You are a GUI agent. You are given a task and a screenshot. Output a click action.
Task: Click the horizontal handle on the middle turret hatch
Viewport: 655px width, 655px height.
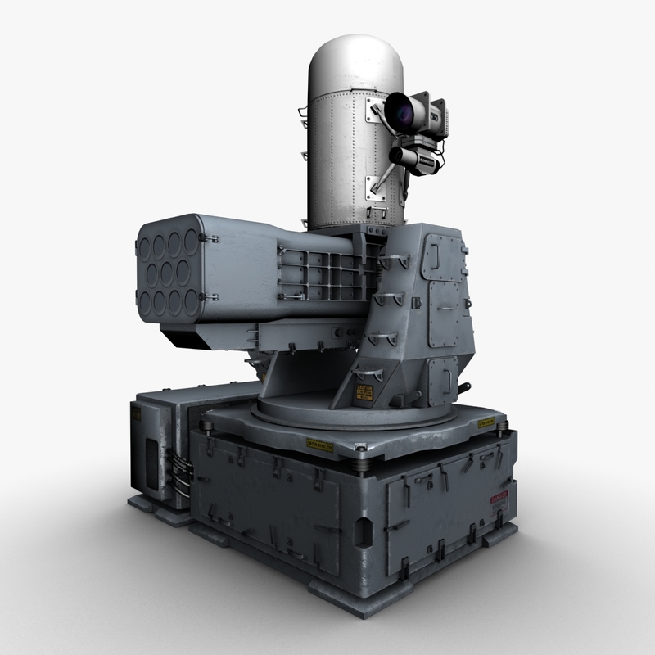coord(445,309)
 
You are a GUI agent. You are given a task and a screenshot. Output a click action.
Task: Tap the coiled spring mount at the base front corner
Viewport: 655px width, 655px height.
coord(361,463)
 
